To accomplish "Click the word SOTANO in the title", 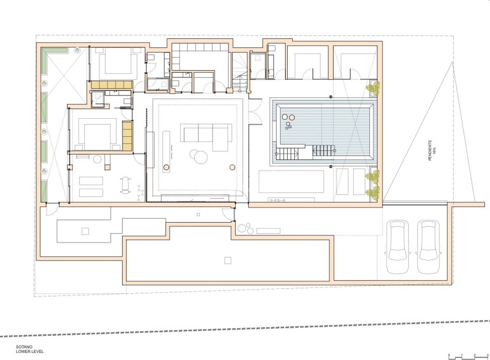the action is (24, 347).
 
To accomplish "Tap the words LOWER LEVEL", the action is (30, 351).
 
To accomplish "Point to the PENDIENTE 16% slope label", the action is (432, 151).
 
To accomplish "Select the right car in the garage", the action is (428, 247).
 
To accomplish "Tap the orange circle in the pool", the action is (292, 118).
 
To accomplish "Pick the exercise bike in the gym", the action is (125, 185).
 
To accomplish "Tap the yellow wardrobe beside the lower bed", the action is (127, 136).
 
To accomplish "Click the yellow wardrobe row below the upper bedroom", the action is (112, 85).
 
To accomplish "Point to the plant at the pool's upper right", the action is (373, 88).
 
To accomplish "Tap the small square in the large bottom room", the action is (228, 260).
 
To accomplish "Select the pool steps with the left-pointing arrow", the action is (323, 151).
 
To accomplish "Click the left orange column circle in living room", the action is (166, 167).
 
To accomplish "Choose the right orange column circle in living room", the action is (232, 167).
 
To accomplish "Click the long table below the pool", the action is (291, 181).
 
